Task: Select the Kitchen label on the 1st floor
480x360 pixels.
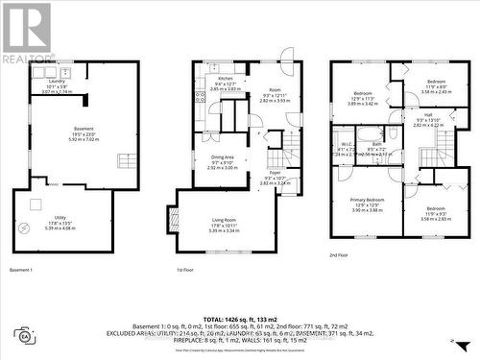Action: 225,79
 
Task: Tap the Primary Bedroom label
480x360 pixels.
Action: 366,200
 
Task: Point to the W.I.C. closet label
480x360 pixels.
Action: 344,143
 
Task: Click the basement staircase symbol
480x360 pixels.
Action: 124,160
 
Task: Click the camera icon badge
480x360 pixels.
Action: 24,335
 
